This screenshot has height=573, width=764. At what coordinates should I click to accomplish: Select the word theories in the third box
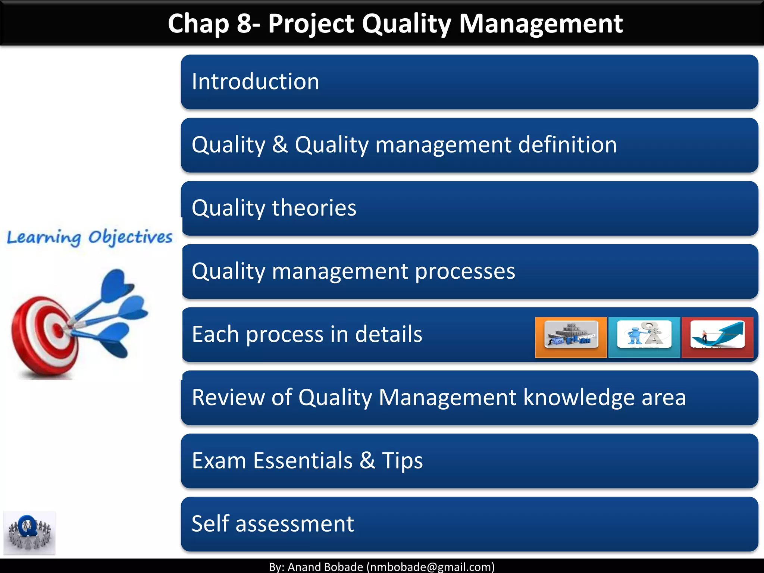click(314, 208)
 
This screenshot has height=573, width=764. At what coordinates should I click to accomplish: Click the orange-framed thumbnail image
click(571, 337)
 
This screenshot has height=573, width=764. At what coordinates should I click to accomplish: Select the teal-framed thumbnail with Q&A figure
click(644, 337)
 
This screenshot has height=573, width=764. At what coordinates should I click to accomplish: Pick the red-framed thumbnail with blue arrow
click(717, 337)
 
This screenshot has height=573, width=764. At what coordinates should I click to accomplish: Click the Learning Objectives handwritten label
click(90, 237)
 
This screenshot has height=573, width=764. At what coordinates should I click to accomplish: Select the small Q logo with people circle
click(29, 533)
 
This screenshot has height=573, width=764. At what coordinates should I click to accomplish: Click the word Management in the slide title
click(541, 24)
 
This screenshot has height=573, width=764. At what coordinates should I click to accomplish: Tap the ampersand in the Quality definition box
click(280, 145)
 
